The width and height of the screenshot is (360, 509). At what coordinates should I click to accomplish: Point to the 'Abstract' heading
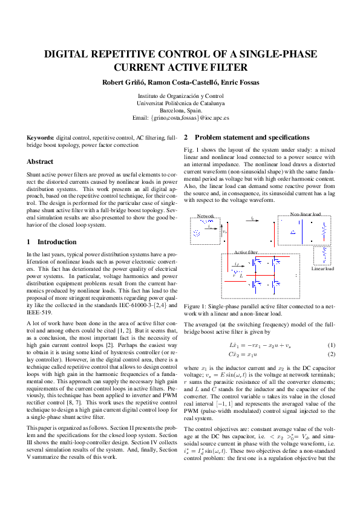click(x=39, y=162)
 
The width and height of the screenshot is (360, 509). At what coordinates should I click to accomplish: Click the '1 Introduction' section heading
click(x=52, y=242)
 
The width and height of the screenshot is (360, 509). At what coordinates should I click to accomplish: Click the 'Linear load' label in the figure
click(x=323, y=268)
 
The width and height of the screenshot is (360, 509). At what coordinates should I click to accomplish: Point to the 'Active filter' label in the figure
click(x=246, y=251)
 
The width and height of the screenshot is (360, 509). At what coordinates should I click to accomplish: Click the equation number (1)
click(x=331, y=345)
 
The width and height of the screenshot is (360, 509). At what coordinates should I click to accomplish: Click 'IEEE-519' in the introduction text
click(x=40, y=314)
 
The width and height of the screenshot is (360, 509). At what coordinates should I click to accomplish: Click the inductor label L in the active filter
click(x=241, y=276)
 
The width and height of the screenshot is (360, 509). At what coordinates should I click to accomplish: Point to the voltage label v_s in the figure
click(x=224, y=232)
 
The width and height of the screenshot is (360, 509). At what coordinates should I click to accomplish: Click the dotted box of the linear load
click(x=322, y=254)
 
